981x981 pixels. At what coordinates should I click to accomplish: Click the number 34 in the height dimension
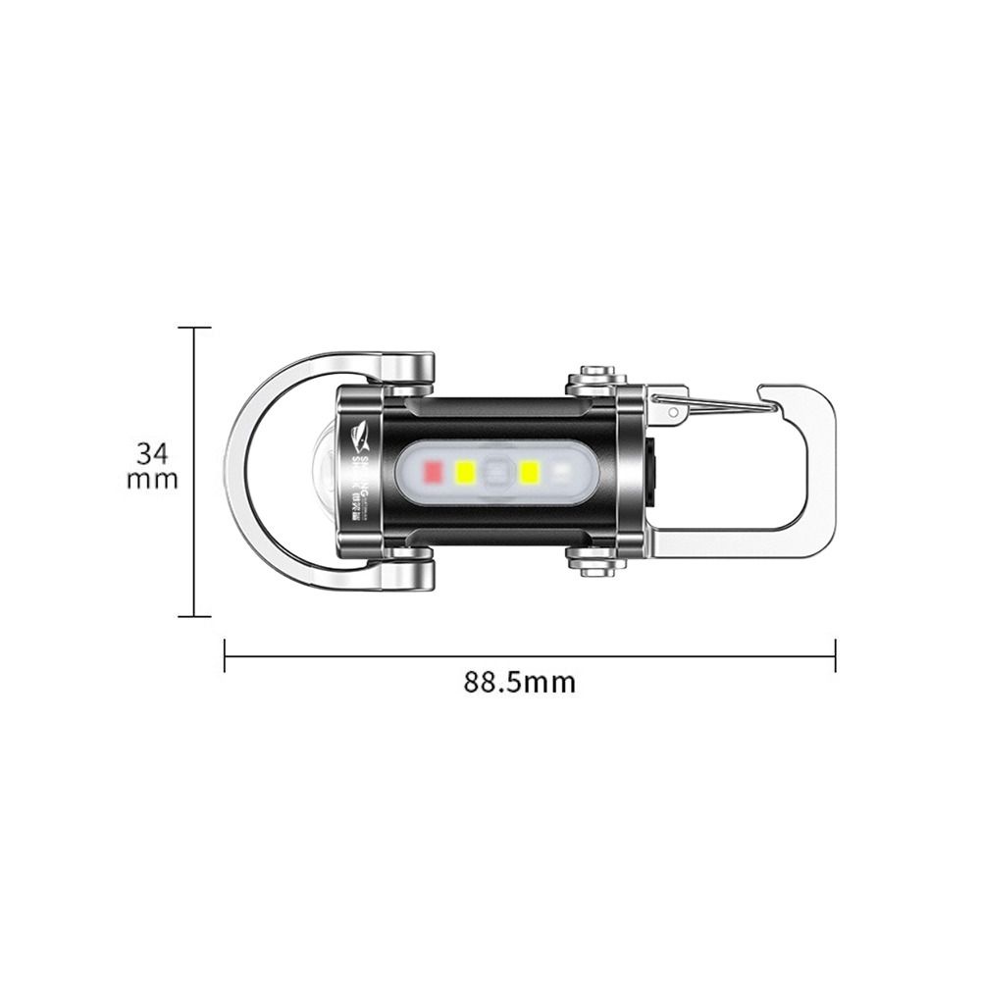click(152, 453)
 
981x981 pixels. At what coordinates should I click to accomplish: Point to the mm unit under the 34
click(152, 480)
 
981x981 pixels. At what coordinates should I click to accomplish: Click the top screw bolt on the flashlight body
click(595, 377)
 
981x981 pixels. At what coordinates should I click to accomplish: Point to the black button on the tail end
click(650, 472)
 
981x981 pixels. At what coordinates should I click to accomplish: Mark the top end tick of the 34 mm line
click(194, 328)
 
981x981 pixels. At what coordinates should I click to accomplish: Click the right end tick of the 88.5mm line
click(835, 655)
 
